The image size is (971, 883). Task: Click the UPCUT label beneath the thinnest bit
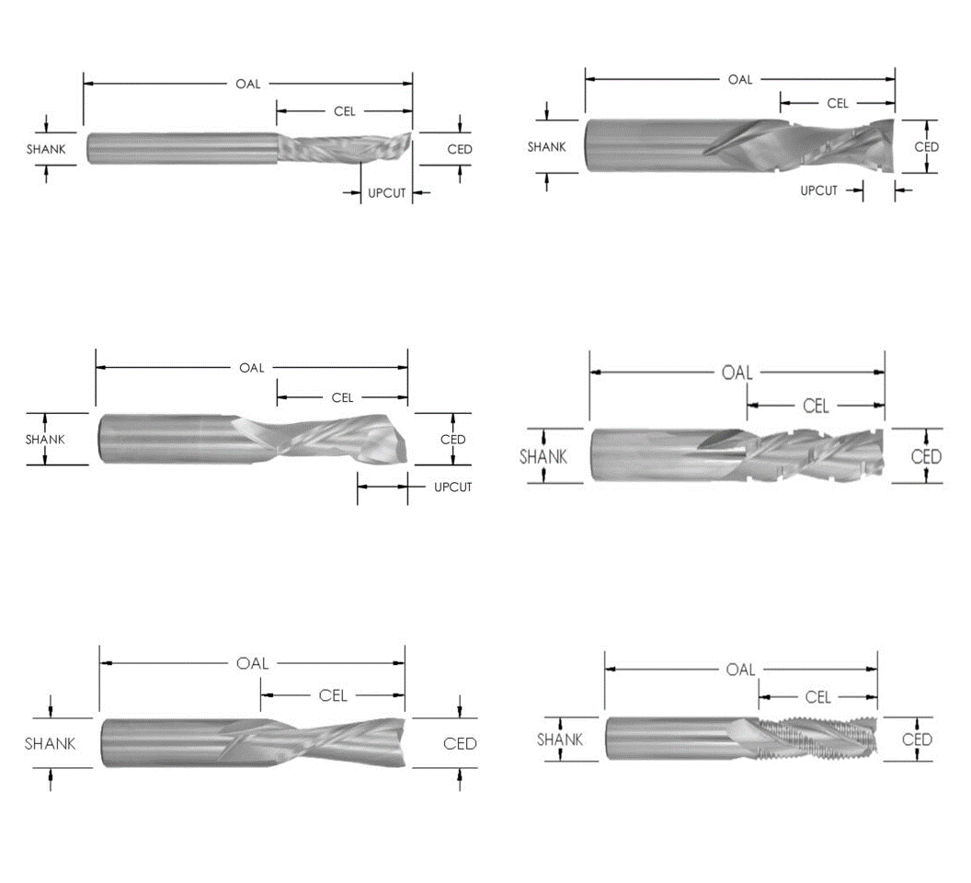386,193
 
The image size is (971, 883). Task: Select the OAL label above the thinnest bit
247,84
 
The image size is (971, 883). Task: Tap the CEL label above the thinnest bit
344,112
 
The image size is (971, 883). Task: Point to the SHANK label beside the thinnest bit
46,149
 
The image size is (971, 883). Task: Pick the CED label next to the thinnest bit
459,149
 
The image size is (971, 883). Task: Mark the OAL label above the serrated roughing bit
740,670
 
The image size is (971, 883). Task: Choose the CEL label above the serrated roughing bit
817,697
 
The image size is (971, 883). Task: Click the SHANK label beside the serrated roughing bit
560,740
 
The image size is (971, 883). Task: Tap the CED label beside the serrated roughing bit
917,740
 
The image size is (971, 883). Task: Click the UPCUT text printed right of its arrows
452,487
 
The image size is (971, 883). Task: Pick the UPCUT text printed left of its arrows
818,191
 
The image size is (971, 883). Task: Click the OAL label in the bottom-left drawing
253,664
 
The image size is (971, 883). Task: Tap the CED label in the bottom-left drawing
460,743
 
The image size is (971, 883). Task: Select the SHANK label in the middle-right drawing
543,456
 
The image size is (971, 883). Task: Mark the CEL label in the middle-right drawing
816,406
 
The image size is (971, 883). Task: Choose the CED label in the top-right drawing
926,147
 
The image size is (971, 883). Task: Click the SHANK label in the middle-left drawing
45,440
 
